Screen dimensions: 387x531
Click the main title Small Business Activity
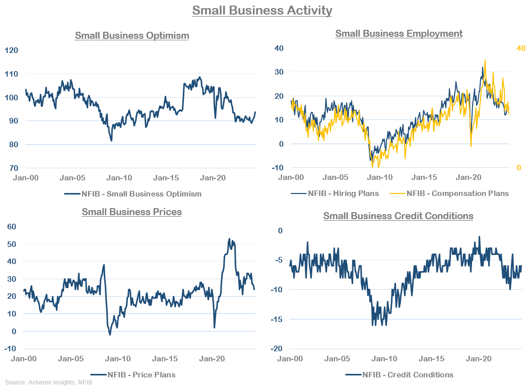262,10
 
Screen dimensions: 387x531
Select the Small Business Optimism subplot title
132,36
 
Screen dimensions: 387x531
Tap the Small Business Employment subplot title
399,34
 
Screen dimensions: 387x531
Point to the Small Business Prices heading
131,212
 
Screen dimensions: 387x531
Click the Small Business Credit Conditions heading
398,216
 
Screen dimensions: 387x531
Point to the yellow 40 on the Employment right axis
521,48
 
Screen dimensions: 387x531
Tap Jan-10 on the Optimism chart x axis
120,178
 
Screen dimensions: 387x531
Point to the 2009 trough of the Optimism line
111,141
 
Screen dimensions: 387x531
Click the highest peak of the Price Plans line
229,239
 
